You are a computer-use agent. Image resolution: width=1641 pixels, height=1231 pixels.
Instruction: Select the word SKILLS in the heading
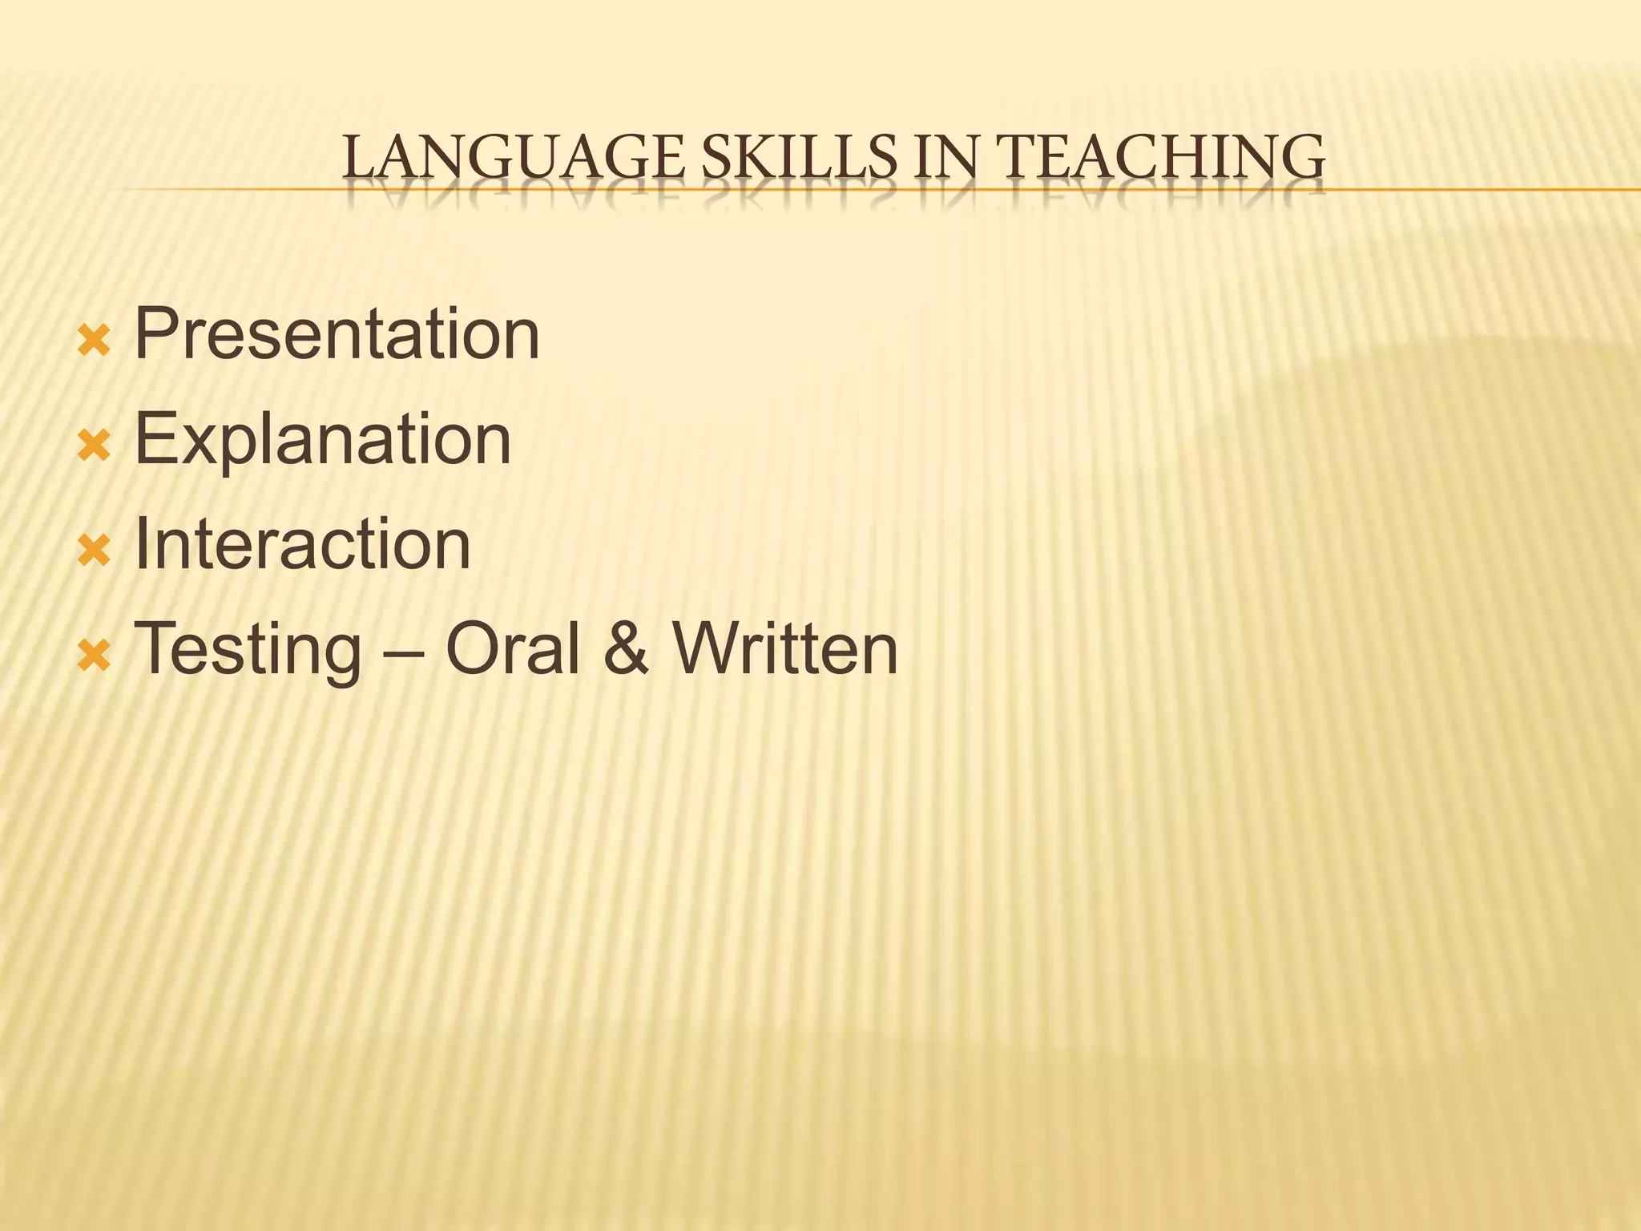798,157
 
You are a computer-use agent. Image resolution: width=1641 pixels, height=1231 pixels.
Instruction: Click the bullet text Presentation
337,335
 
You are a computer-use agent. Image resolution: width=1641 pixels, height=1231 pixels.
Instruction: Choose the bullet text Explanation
322,440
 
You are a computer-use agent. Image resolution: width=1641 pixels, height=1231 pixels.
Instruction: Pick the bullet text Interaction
302,545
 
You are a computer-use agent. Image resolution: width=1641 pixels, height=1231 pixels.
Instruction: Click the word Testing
248,651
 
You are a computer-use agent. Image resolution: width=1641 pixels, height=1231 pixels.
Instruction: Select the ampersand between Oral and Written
625,649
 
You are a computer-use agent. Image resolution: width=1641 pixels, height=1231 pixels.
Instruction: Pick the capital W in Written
709,649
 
